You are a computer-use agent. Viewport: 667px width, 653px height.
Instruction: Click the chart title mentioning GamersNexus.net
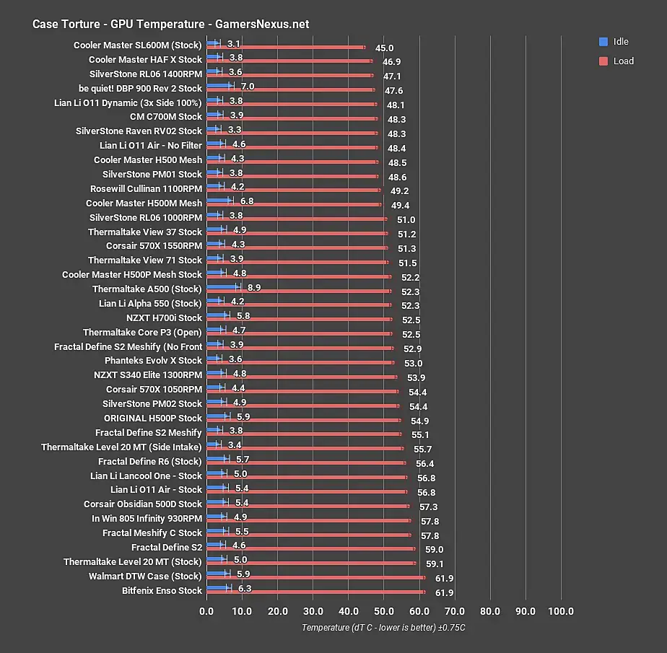(x=170, y=25)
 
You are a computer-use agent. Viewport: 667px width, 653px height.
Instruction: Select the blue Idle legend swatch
(x=603, y=42)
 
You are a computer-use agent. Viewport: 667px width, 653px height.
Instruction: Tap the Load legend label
(x=624, y=61)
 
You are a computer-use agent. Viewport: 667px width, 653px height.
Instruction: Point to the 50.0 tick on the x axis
(x=384, y=611)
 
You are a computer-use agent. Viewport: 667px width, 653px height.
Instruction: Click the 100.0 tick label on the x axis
(x=561, y=611)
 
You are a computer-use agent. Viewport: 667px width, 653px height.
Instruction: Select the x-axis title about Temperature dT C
(x=383, y=628)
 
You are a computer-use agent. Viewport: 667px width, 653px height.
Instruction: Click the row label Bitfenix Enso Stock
(x=162, y=590)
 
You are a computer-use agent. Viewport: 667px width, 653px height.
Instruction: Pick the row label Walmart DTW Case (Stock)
(x=145, y=576)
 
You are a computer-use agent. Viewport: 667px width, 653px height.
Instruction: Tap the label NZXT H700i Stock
(x=164, y=317)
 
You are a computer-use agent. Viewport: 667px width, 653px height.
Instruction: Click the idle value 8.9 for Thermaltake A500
(x=254, y=288)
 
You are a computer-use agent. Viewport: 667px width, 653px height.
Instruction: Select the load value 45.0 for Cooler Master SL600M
(x=384, y=48)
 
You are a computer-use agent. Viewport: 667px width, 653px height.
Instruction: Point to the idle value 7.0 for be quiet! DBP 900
(x=248, y=87)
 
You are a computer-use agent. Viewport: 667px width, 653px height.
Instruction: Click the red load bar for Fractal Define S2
(x=311, y=549)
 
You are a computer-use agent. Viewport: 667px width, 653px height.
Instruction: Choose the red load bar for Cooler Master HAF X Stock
(x=289, y=61)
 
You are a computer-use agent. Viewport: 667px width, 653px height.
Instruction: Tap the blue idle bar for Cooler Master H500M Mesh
(x=219, y=201)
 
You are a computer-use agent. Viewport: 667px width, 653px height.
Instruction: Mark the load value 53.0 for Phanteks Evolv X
(x=413, y=364)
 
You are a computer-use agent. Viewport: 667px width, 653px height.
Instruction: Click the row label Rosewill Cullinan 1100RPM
(x=147, y=188)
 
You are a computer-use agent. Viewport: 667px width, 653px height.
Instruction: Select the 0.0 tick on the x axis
(x=206, y=611)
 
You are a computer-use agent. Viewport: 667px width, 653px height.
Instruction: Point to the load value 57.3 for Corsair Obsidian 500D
(x=428, y=507)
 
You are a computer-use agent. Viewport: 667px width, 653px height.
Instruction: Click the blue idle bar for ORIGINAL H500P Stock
(x=217, y=416)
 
